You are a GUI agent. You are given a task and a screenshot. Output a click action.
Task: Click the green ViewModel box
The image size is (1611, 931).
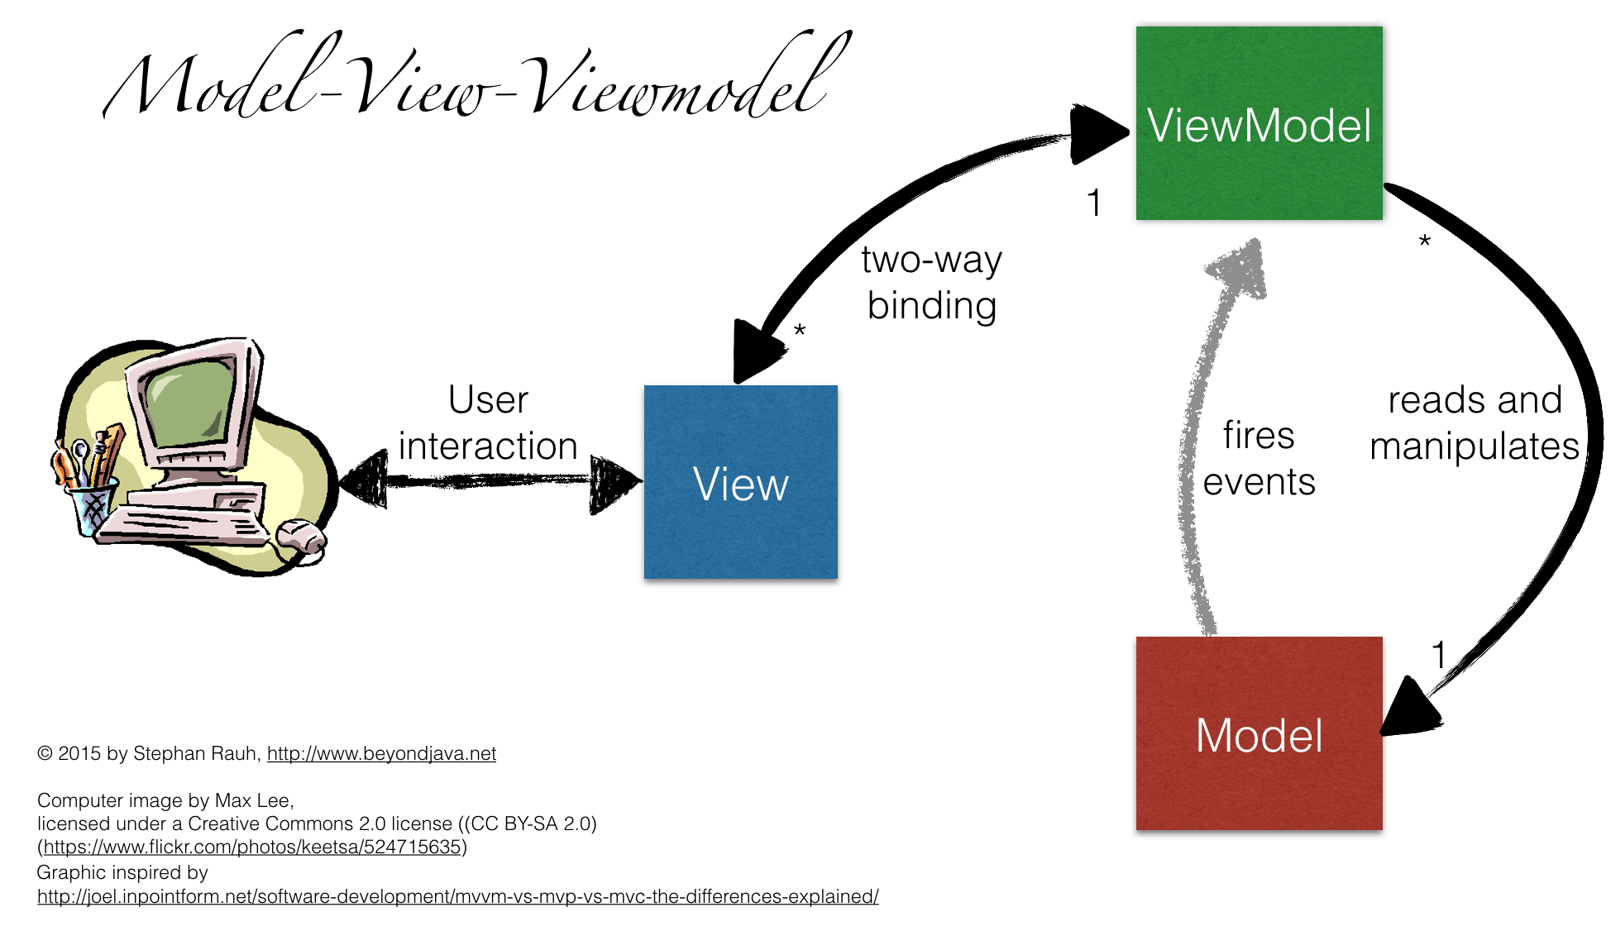(1259, 124)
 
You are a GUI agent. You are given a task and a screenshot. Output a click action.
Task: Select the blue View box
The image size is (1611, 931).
(740, 482)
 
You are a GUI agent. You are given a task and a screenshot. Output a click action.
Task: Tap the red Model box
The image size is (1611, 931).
(1259, 733)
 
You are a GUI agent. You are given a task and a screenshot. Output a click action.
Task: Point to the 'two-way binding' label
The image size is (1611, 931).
(931, 283)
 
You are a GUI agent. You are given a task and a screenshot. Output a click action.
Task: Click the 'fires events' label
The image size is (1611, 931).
(1259, 459)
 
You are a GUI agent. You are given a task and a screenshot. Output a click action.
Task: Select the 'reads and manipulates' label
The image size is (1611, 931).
(1475, 423)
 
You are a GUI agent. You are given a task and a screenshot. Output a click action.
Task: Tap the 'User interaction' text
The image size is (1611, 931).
(488, 423)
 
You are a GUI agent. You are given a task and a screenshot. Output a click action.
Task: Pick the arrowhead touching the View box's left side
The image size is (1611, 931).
(614, 483)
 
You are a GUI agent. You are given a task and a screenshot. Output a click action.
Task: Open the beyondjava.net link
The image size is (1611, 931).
(381, 753)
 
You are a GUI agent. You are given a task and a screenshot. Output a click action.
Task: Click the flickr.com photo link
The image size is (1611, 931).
(251, 847)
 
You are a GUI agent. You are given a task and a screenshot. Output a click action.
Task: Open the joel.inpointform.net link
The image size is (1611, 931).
(457, 896)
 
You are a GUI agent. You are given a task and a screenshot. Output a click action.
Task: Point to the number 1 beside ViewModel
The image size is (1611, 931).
(1094, 203)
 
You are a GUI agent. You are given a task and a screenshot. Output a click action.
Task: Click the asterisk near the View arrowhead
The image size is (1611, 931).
(799, 332)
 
